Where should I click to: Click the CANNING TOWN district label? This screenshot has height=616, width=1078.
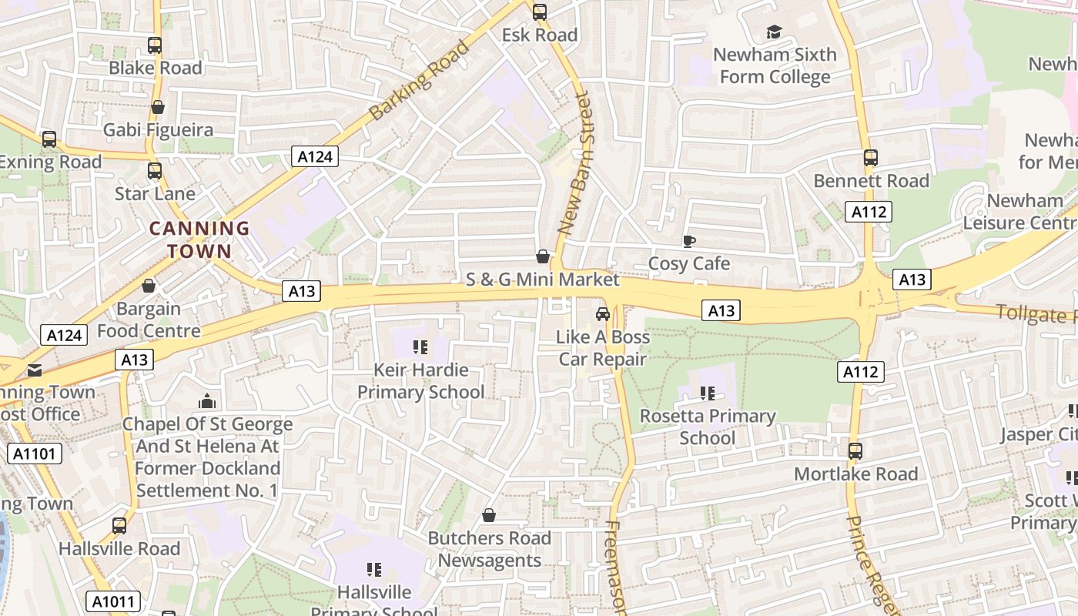click(x=199, y=239)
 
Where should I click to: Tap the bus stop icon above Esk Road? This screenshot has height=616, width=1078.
click(x=540, y=12)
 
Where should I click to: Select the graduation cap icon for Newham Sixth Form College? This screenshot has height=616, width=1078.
click(x=774, y=32)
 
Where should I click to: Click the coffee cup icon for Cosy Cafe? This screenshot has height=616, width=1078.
click(x=689, y=242)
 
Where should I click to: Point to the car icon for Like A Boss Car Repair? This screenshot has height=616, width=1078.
click(x=603, y=314)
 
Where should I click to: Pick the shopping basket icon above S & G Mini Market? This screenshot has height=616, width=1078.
click(x=543, y=256)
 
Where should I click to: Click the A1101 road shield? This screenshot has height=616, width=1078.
click(x=35, y=454)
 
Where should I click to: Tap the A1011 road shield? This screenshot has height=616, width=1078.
click(x=112, y=601)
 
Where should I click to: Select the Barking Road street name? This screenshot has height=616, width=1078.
click(x=419, y=80)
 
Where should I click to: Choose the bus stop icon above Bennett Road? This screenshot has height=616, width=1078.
click(x=871, y=158)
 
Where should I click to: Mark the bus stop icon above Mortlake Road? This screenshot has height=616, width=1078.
click(x=855, y=450)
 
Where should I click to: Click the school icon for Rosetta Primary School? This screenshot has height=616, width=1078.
click(x=708, y=393)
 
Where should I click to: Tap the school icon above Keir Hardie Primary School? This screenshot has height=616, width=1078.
click(x=420, y=347)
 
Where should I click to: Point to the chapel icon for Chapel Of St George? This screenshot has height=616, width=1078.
click(x=206, y=402)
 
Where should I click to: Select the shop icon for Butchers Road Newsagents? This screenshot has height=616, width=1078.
click(x=489, y=515)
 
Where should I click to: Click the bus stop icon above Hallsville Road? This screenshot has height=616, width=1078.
click(x=119, y=526)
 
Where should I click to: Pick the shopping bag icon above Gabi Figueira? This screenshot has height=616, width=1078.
click(x=158, y=107)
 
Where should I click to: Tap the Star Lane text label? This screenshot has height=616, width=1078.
click(x=155, y=193)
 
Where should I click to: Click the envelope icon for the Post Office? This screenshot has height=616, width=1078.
click(x=35, y=370)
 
